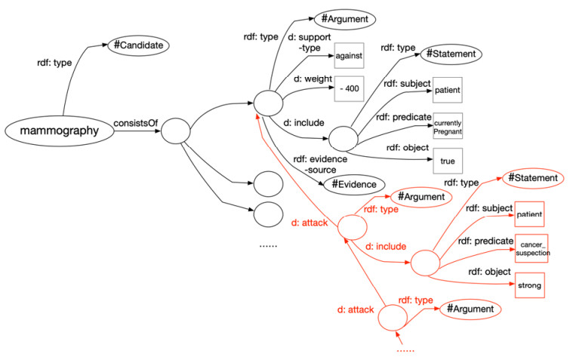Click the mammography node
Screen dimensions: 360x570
coord(58,131)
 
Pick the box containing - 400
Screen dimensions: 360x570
coord(349,89)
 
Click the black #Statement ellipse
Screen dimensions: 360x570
coord(450,54)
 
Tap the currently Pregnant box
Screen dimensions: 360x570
coord(448,127)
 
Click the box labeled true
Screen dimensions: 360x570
coord(448,161)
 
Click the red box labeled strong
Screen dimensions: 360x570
coord(530,287)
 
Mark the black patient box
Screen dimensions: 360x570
coord(447,91)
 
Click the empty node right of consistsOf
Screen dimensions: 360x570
coord(175,132)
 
